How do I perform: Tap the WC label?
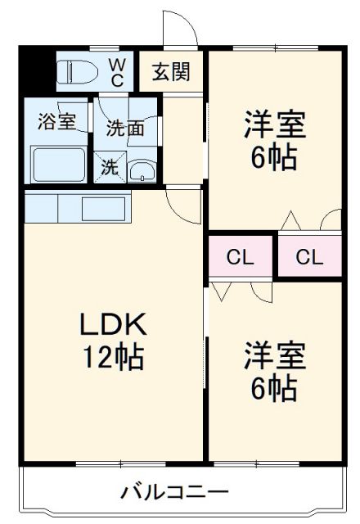117,72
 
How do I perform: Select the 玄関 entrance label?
171,72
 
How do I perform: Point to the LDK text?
113,325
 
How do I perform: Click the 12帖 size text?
113,358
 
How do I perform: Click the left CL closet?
241,257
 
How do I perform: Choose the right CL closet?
309,257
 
